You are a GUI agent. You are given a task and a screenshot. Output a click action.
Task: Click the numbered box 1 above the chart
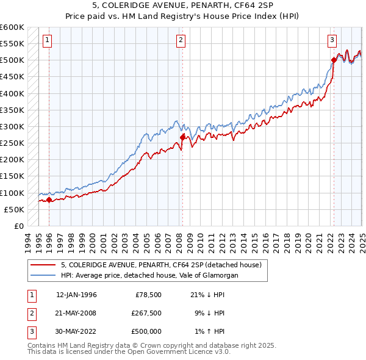(48, 41)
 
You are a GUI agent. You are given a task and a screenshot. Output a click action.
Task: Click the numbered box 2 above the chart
(181, 41)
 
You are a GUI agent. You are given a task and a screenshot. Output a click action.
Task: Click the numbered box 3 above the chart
(332, 41)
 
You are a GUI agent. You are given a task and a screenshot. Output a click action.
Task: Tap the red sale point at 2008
(182, 137)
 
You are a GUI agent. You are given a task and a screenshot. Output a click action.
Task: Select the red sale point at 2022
(334, 60)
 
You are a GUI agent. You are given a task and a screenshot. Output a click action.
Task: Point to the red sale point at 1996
(49, 200)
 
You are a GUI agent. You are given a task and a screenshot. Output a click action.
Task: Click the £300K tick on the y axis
(12, 126)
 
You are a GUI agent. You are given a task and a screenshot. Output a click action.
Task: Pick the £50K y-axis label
(14, 209)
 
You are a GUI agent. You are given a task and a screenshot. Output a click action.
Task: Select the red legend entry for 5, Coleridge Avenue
(161, 265)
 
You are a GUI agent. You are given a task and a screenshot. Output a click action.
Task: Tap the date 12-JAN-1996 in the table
(76, 295)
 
